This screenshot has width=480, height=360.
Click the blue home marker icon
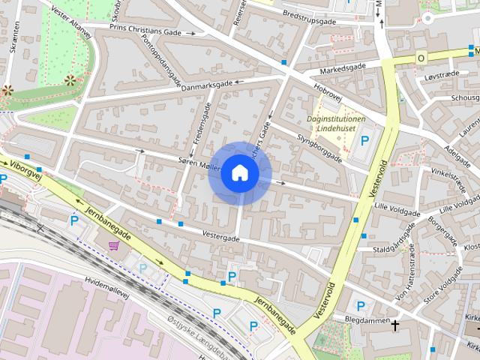pyautogui.click(x=239, y=173)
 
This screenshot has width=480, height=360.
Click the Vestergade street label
pyautogui.click(x=221, y=237)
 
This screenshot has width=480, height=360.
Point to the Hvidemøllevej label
pyautogui.click(x=107, y=289)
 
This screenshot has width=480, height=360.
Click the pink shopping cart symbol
pyautogui.click(x=114, y=245)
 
